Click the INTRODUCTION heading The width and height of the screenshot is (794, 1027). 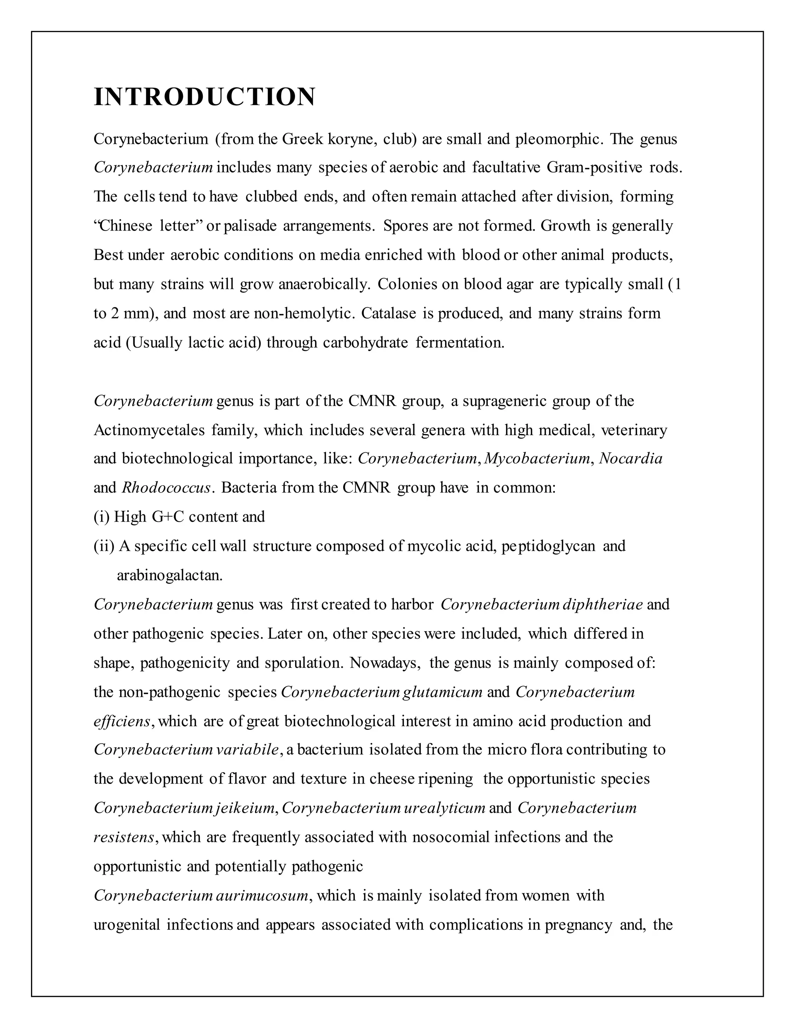[x=204, y=97]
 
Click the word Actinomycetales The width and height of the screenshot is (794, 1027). [x=149, y=430]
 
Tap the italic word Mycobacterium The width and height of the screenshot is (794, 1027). [x=537, y=458]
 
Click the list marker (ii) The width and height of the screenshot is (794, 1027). [x=104, y=546]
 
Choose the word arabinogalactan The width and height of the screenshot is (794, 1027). [x=169, y=575]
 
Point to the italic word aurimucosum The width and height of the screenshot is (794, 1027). [x=263, y=895]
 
